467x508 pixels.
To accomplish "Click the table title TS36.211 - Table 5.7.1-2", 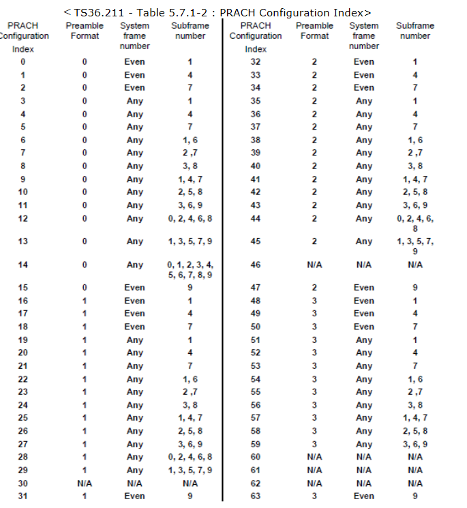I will click(217, 12).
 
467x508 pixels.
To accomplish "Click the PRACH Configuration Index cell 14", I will click(23, 265).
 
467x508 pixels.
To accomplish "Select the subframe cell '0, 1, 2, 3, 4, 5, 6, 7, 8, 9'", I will click(190, 269).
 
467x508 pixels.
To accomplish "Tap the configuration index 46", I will click(256, 265).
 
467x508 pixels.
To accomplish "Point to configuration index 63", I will click(256, 496).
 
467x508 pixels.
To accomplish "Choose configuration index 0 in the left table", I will click(23, 61).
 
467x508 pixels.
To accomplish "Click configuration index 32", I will click(256, 61).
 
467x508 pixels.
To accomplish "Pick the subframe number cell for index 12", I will click(190, 218).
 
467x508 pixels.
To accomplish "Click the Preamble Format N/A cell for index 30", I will click(85, 483).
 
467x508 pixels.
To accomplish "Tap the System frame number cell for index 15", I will click(135, 288).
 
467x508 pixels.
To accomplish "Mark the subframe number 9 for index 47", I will click(415, 288).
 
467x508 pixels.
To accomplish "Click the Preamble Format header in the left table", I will click(85, 31).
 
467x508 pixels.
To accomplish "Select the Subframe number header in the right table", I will click(415, 31).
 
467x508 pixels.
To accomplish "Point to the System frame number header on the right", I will click(364, 35).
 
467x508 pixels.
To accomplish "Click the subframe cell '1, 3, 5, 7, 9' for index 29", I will click(190, 470).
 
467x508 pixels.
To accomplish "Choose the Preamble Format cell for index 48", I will click(315, 301).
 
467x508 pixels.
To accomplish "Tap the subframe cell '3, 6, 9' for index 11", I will click(190, 205).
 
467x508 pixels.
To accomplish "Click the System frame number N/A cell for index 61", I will click(364, 470).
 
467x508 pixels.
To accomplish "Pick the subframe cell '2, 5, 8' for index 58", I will click(415, 431).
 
